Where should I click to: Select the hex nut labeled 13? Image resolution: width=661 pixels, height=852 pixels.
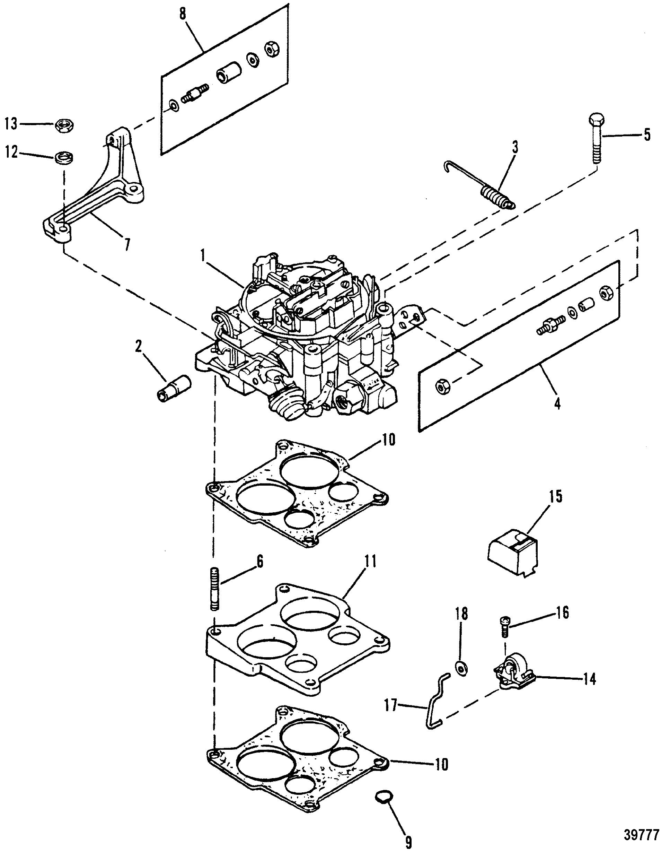[x=65, y=125]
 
